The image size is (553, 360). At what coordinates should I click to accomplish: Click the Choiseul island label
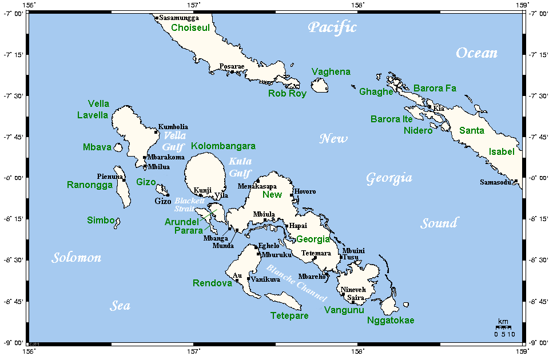tap(190, 27)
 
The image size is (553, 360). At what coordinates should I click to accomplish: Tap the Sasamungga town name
tap(177, 18)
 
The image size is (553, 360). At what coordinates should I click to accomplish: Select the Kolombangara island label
tap(223, 146)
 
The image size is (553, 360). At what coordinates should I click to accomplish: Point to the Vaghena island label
tap(331, 71)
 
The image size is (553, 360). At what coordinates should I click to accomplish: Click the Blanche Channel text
tap(296, 283)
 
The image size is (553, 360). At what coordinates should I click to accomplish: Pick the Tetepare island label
tap(289, 315)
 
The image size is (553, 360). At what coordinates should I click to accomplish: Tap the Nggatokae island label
tap(390, 320)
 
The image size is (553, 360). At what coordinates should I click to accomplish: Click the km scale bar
tap(504, 327)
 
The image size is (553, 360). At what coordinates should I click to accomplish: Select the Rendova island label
tap(212, 283)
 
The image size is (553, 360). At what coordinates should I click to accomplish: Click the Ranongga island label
tap(90, 185)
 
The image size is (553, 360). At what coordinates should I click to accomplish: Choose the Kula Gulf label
tap(240, 167)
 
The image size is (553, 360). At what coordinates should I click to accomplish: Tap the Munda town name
tap(224, 246)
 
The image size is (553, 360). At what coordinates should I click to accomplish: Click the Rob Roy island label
tap(287, 93)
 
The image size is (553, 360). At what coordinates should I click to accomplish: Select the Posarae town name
tap(232, 66)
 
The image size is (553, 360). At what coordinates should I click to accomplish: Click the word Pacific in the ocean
tap(332, 27)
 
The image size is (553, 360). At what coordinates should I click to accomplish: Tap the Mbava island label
tap(97, 147)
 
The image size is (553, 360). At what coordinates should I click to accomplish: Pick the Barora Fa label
tap(435, 88)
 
